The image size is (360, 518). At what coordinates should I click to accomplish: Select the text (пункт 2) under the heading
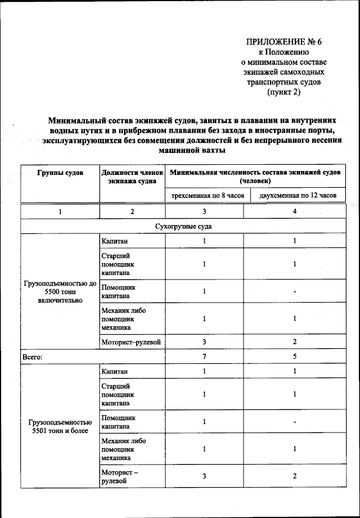283,92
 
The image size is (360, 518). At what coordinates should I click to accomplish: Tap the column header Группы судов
60,173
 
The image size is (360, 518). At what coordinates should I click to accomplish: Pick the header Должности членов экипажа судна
132,177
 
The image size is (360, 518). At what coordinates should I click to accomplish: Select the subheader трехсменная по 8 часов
204,196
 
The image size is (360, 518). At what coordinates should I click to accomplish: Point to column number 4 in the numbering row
295,211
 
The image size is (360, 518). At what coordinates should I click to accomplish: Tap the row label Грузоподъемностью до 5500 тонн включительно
60,291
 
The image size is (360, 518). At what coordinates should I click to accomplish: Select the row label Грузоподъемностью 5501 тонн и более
60,426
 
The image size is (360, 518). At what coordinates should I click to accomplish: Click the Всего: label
33,357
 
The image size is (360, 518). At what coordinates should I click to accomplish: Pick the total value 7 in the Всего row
204,357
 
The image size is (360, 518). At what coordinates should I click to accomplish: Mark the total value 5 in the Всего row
295,357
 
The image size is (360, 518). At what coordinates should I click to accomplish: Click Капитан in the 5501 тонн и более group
115,371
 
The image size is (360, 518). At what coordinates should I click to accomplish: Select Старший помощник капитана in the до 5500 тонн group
118,264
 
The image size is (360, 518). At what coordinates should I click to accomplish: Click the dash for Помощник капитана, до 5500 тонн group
295,292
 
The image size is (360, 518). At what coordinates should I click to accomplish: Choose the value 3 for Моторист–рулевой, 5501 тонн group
204,476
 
